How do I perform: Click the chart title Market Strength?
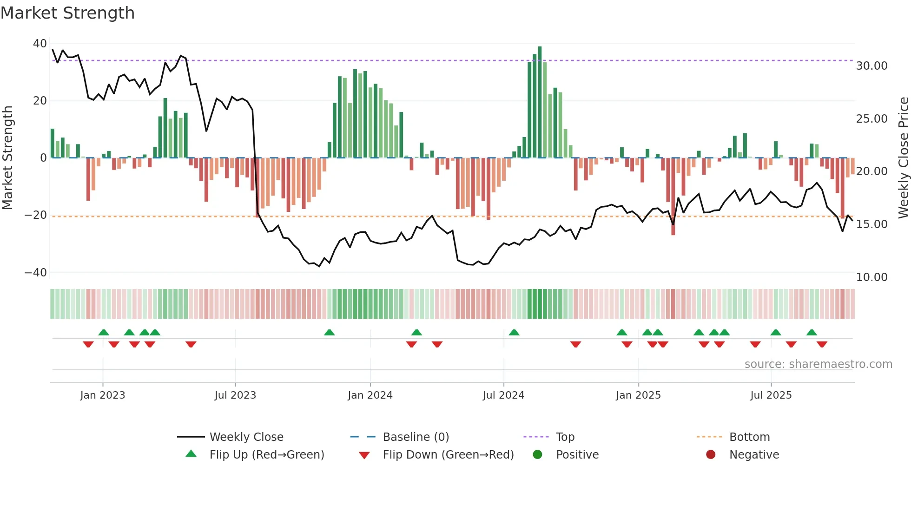67,13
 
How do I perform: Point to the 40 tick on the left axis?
40,44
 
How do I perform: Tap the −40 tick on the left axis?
36,273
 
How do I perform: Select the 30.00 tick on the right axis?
871,66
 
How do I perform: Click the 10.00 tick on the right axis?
871,277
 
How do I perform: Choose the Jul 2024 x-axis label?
503,395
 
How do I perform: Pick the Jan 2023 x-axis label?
103,395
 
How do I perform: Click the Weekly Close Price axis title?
903,158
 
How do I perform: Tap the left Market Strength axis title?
8,158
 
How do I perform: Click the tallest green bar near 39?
540,102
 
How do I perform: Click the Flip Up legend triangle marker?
191,454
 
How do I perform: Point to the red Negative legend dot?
711,454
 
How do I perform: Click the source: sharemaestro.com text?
818,364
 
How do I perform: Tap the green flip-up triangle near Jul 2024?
514,332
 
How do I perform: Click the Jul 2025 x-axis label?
771,395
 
